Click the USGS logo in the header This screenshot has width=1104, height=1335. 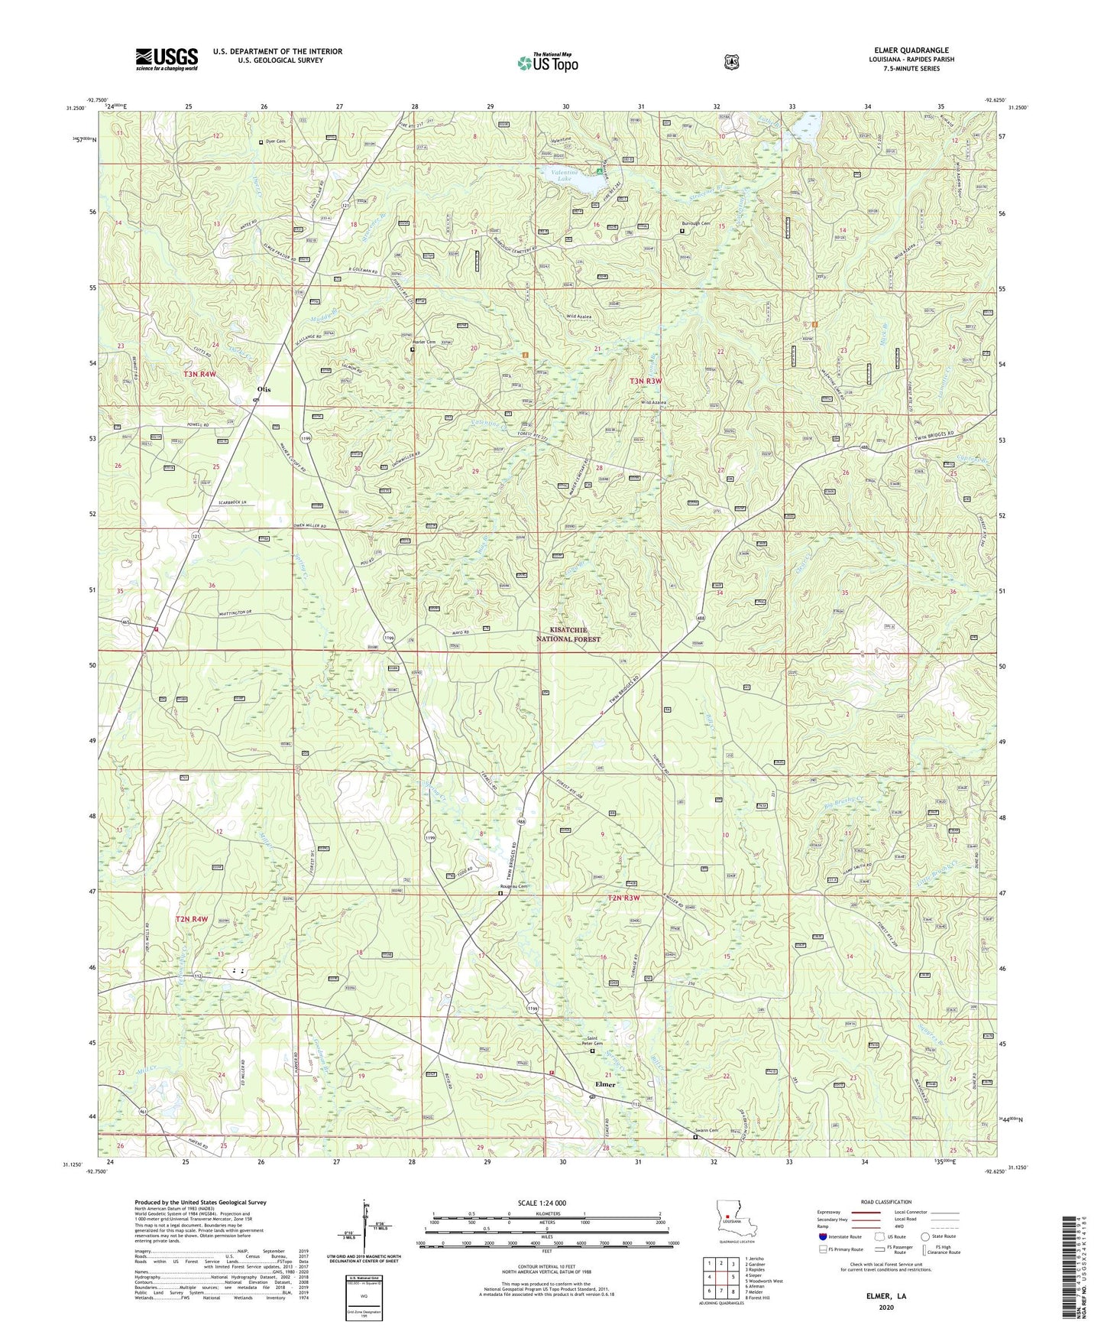[x=167, y=58]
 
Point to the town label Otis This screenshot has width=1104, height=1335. [x=264, y=389]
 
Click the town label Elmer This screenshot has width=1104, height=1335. [x=605, y=1084]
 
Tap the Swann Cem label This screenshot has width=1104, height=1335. [x=707, y=1131]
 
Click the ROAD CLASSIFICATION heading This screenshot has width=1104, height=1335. [x=885, y=1202]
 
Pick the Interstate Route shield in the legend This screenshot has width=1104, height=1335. [x=822, y=1236]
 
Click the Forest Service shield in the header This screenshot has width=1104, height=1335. [x=731, y=61]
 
